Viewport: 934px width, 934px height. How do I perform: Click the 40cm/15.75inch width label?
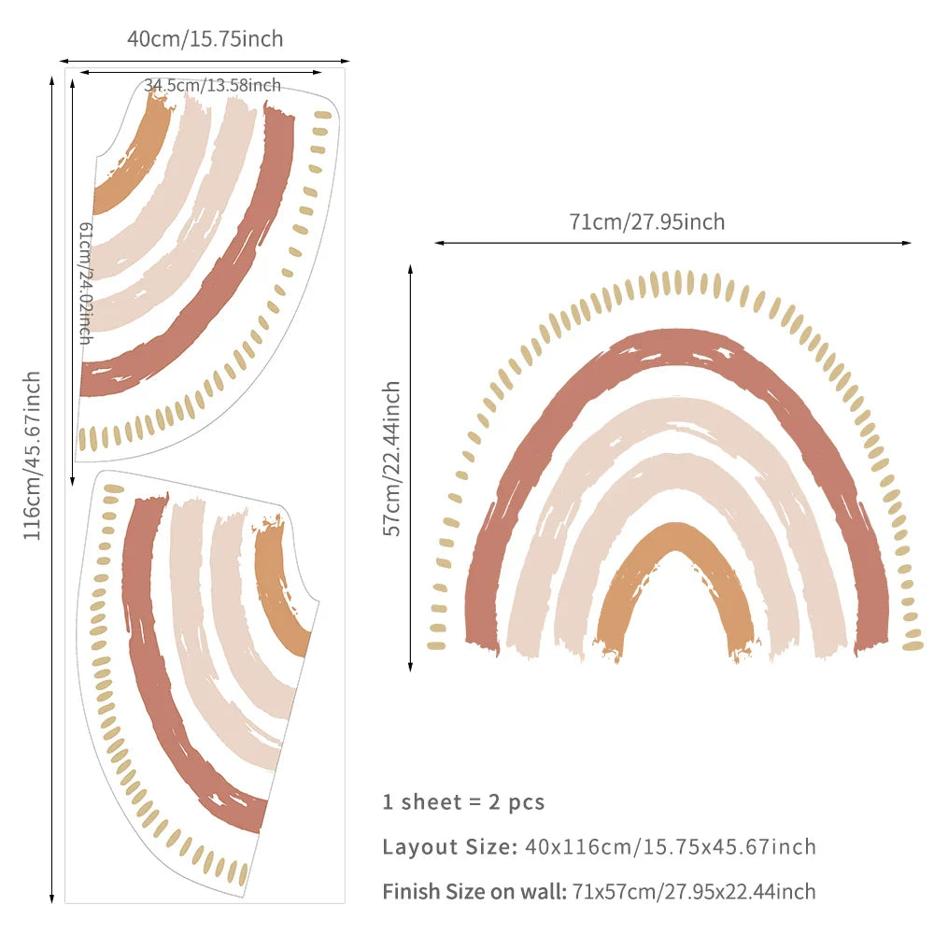(x=205, y=39)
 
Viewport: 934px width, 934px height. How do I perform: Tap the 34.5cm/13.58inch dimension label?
(x=212, y=85)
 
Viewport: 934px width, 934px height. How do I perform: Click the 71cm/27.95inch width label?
(x=646, y=222)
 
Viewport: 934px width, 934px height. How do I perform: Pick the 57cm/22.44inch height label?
(x=393, y=458)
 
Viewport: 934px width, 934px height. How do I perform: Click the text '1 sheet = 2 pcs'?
(x=463, y=801)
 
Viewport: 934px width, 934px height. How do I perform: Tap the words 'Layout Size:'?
(x=449, y=847)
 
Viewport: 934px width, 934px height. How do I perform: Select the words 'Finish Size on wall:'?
(x=474, y=892)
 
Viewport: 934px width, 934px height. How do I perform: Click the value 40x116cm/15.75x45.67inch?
(x=670, y=847)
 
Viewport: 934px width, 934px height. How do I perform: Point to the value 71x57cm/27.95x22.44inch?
(x=694, y=892)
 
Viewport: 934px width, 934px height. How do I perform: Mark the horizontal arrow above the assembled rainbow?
(x=672, y=243)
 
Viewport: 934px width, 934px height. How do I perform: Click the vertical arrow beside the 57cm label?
(x=410, y=467)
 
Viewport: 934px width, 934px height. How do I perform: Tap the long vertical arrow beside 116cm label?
(x=52, y=486)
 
